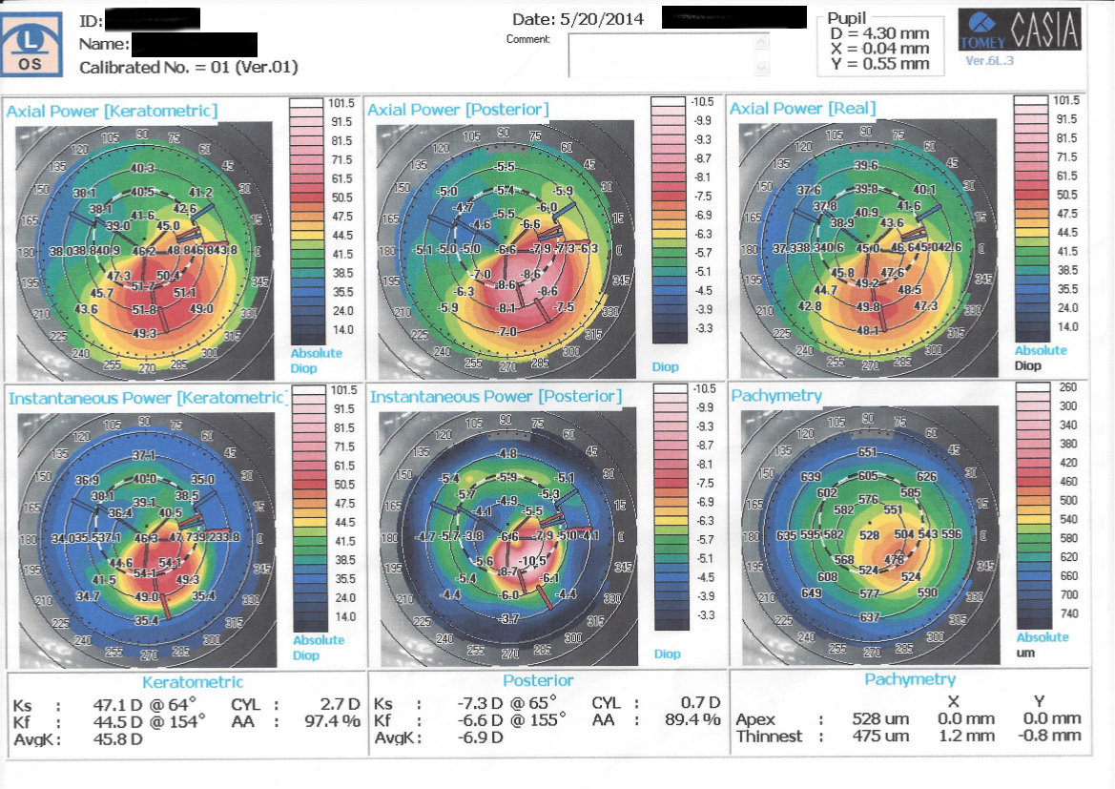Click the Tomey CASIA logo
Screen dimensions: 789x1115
(1021, 31)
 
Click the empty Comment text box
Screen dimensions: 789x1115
(668, 55)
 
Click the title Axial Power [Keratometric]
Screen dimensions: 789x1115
(112, 111)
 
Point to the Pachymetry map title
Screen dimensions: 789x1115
(775, 395)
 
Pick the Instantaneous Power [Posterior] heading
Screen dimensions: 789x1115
(495, 396)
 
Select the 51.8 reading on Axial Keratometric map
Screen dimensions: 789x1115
(144, 309)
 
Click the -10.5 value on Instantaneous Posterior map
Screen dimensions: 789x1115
(534, 561)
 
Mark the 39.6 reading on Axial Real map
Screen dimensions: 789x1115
(866, 167)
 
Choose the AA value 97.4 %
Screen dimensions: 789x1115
(324, 721)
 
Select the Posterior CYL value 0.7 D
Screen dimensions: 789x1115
(699, 704)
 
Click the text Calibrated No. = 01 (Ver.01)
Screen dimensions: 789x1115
(188, 68)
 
